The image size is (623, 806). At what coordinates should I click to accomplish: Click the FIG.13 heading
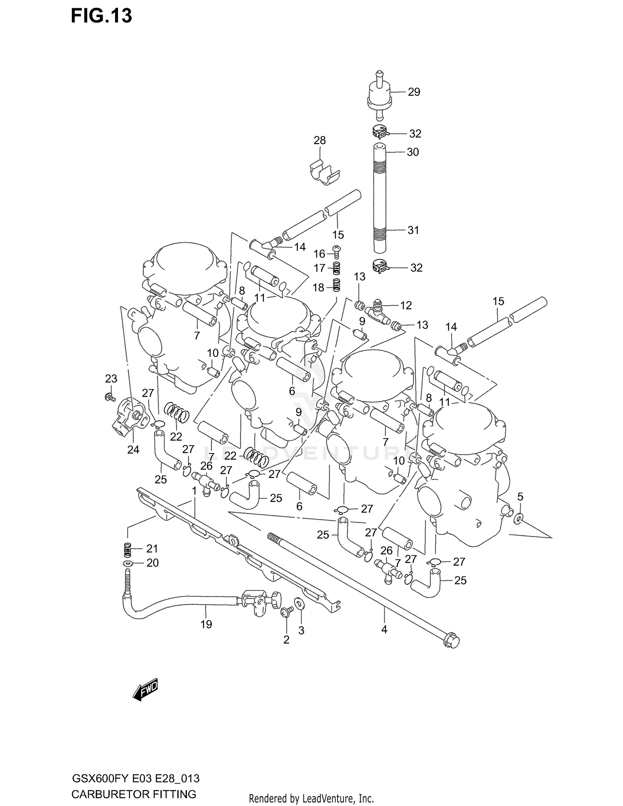pos(101,16)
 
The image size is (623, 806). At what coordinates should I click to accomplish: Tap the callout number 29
pos(414,92)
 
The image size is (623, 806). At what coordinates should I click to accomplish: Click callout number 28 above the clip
pos(319,140)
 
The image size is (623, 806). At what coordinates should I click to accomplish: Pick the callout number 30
pos(412,152)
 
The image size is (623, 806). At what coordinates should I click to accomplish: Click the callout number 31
pos(413,230)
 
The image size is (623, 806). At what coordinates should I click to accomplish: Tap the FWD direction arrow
pos(145,690)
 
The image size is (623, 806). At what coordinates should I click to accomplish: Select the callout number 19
pos(206,624)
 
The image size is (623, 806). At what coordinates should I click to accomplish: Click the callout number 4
pos(384,630)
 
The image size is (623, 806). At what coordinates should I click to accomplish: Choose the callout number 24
pos(133,449)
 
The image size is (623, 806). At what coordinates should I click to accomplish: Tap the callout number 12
pos(406,305)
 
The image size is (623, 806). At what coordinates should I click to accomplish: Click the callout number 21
pos(152,549)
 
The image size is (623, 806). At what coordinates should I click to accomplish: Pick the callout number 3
pos(301,630)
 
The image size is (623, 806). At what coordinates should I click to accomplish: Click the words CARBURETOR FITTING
pos(133,794)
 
